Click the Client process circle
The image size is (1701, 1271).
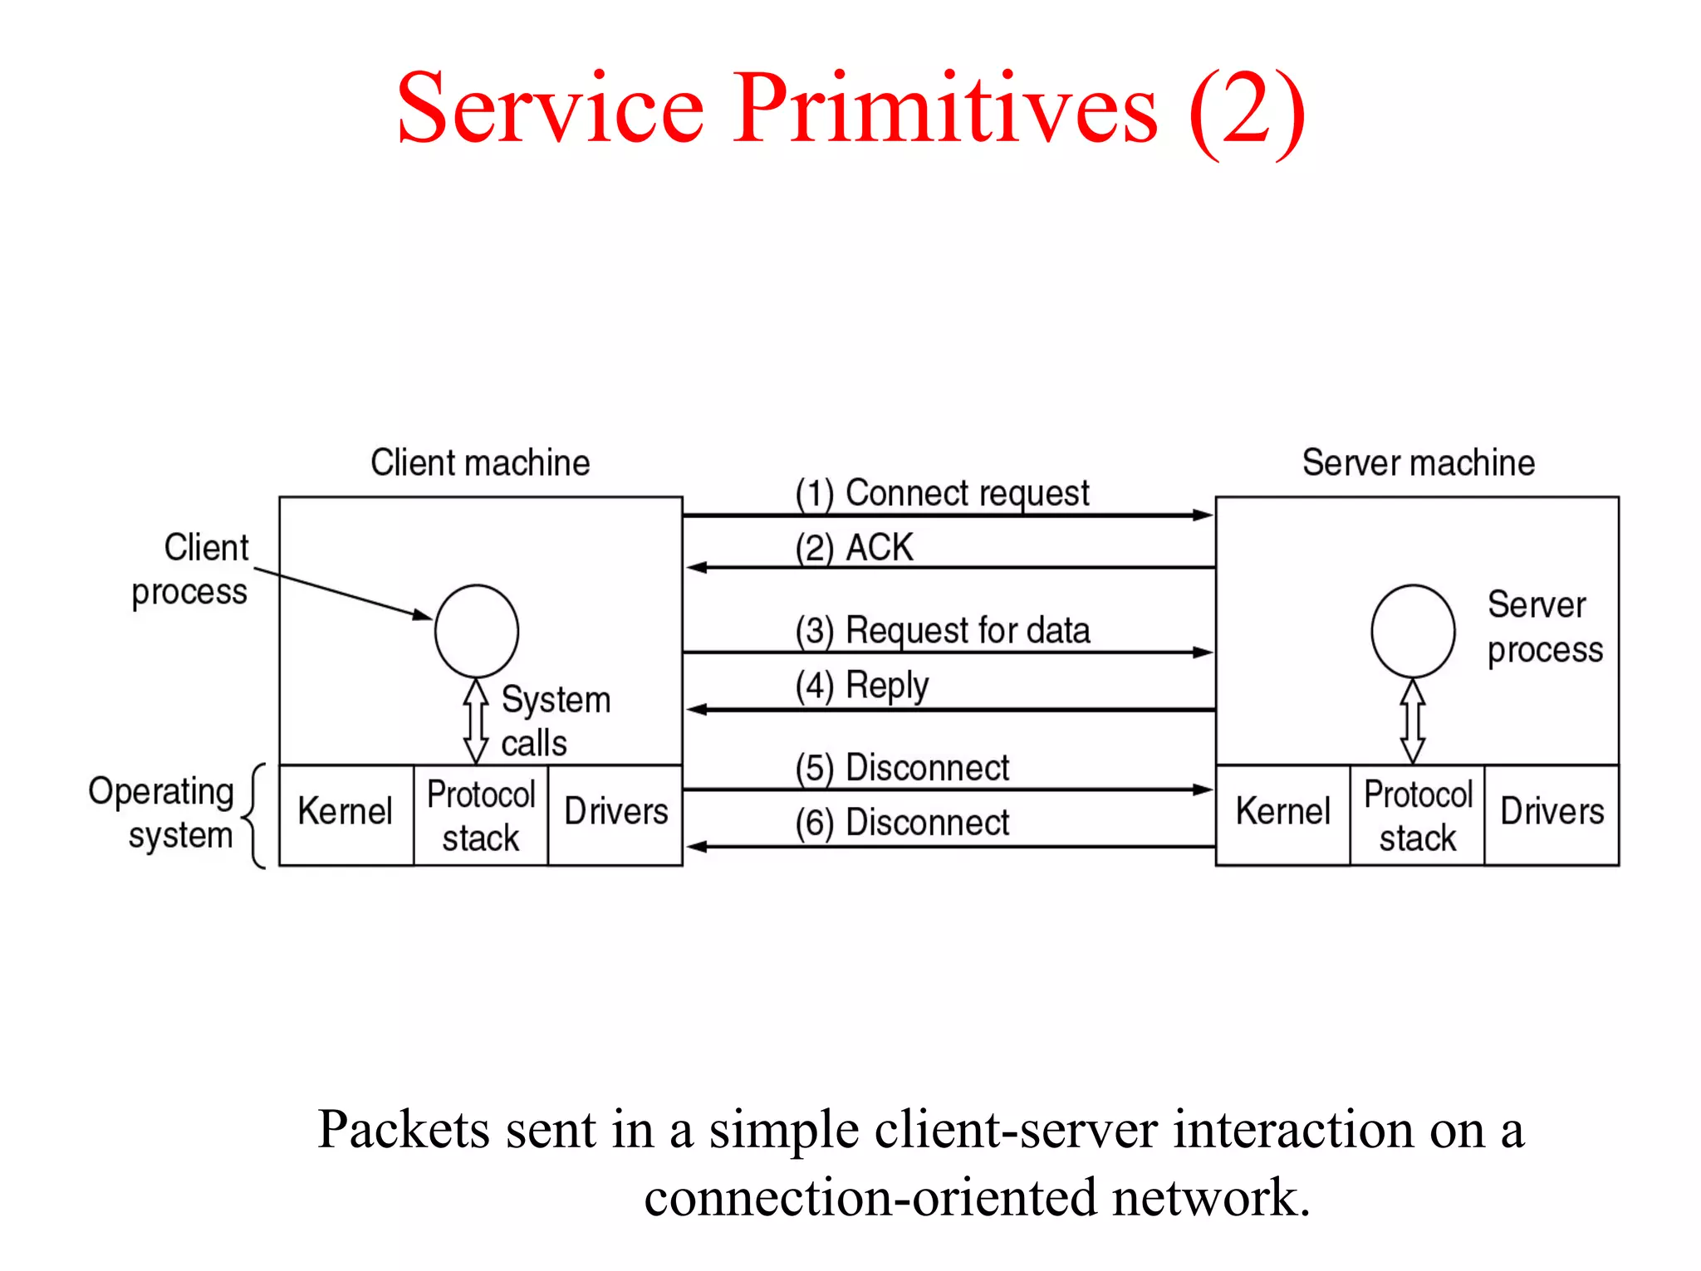[476, 632]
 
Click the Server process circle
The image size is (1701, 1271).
[1412, 632]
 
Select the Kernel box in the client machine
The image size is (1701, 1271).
[346, 814]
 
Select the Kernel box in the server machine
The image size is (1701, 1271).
[1282, 814]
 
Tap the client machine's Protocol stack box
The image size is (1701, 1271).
[481, 814]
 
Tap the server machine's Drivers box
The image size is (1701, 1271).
[1551, 814]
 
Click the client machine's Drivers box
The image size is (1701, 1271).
[615, 814]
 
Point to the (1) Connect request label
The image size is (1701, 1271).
[941, 493]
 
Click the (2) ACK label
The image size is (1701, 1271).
[853, 548]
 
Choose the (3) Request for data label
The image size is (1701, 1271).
[941, 631]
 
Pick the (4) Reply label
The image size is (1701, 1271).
[861, 687]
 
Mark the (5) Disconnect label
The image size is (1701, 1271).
[901, 768]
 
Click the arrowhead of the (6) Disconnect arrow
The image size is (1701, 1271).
[696, 847]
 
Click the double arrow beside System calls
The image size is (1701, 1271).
[476, 721]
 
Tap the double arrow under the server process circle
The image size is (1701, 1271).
[1412, 721]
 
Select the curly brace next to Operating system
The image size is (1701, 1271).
[256, 816]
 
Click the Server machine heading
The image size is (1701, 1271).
[1418, 462]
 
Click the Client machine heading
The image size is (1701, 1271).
[480, 462]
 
